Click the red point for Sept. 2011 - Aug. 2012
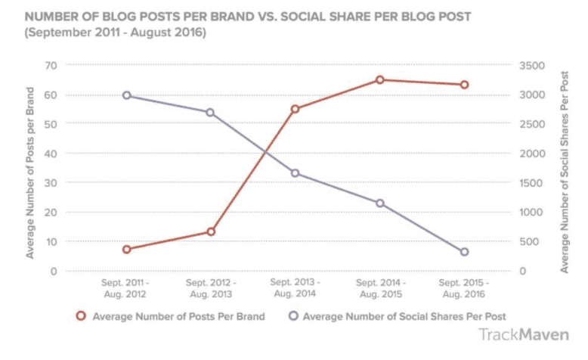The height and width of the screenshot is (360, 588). click(127, 250)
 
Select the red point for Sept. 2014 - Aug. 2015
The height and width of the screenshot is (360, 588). click(380, 79)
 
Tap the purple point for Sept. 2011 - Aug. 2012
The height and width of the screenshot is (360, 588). click(127, 95)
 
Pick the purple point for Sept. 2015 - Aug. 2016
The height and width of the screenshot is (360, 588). click(465, 252)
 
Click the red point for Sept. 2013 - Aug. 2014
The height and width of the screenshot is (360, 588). click(296, 109)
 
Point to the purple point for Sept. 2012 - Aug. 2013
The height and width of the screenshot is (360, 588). click(211, 113)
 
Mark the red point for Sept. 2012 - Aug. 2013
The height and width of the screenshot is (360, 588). click(211, 231)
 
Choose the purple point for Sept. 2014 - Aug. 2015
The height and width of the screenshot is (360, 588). click(380, 203)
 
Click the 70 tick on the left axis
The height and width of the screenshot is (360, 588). click(52, 66)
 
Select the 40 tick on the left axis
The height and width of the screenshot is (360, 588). click(52, 154)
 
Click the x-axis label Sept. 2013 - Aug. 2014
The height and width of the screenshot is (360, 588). click(296, 288)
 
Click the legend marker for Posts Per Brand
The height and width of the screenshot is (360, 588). click(80, 316)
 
